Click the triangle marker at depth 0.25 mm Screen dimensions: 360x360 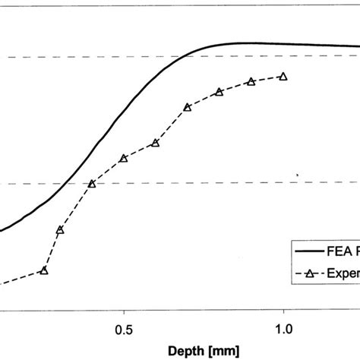tap(44, 270)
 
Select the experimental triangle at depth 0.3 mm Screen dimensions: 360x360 tap(60, 229)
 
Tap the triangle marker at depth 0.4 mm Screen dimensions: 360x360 tap(92, 184)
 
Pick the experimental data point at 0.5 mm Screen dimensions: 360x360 tap(123, 158)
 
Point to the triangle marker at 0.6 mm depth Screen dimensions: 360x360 tap(155, 143)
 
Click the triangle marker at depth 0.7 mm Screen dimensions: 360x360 tap(188, 107)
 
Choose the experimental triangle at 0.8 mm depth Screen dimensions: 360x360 tap(219, 92)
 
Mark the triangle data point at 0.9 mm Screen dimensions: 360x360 tap(251, 81)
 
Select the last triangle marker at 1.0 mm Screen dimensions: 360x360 tap(283, 76)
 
